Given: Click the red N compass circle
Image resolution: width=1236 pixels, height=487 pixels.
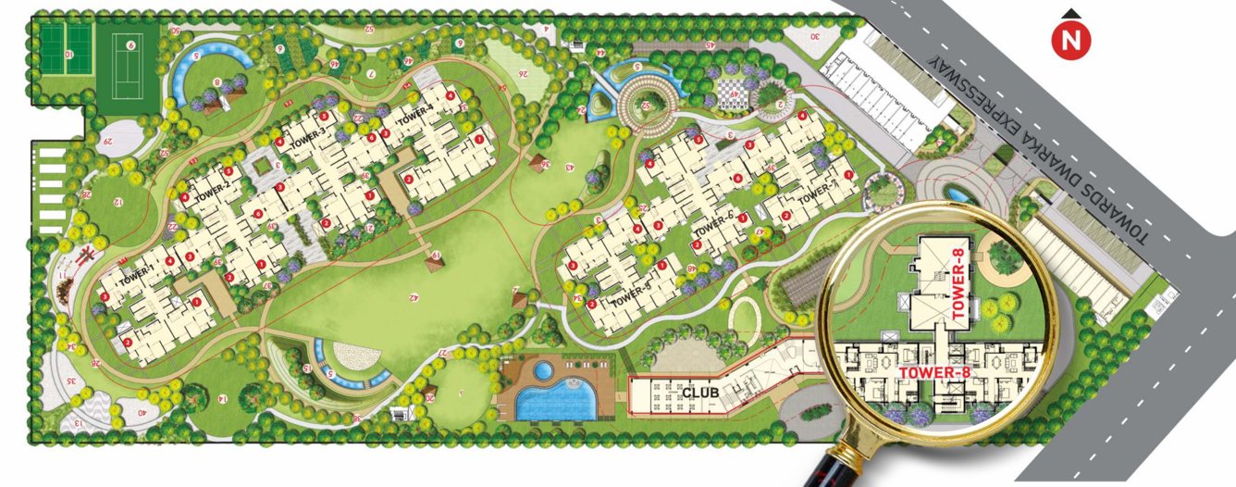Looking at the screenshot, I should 1072,41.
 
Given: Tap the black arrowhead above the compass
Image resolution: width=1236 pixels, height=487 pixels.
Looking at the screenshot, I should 1072,13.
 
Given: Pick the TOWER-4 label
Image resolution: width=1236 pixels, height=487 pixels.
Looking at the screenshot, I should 415,112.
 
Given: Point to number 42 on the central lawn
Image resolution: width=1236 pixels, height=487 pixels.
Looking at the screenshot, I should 413,298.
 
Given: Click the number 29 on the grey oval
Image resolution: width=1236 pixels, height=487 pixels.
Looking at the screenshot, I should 108,141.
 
